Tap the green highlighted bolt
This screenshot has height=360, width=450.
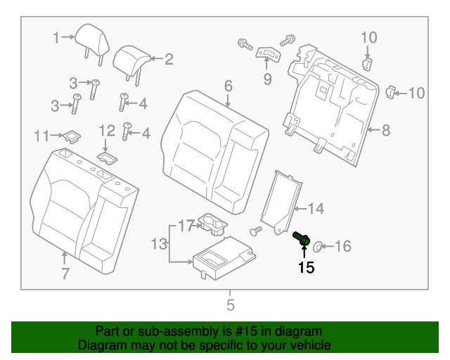point(302,239)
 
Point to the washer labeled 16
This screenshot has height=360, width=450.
point(317,246)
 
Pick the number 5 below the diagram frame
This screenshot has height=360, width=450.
point(230,304)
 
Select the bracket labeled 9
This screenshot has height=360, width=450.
point(267,55)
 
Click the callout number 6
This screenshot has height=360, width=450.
point(228,86)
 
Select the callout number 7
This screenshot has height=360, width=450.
point(65,274)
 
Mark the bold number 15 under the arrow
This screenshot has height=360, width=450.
point(306,267)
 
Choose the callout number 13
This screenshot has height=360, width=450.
point(159,244)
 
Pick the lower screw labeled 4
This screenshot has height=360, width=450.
point(127,131)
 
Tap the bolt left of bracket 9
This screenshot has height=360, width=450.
point(244,43)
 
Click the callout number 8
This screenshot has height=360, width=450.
point(385,129)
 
